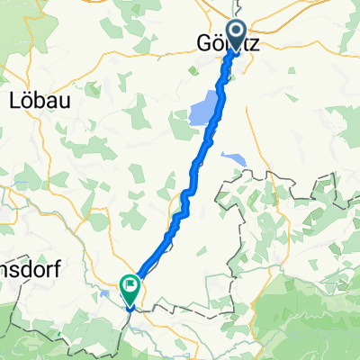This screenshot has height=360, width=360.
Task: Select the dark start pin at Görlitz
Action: click(x=238, y=35)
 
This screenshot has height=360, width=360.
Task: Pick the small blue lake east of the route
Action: click(x=232, y=160)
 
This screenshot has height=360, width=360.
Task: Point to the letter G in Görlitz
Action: click(x=202, y=43)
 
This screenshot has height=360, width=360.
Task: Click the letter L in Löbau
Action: click(x=13, y=100)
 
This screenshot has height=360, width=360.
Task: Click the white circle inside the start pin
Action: click(x=238, y=31)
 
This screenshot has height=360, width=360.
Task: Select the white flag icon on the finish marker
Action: click(x=130, y=288)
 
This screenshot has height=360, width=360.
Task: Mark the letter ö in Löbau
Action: click(x=27, y=100)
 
